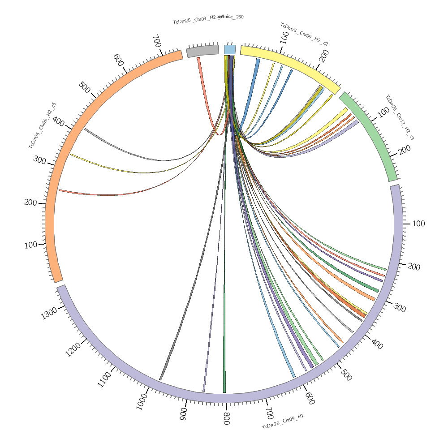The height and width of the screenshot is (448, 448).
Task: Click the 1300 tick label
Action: click(x=49, y=314)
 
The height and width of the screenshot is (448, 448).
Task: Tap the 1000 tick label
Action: click(x=142, y=401)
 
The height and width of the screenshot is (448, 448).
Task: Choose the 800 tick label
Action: click(x=226, y=418)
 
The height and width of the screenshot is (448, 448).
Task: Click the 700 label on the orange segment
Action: click(x=156, y=41)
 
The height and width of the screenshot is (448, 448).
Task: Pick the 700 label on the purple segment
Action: click(x=269, y=413)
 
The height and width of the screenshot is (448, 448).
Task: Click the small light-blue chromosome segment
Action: click(x=230, y=49)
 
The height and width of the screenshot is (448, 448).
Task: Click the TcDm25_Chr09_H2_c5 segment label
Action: click(x=42, y=125)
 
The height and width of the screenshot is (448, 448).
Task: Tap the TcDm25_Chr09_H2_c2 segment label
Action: click(x=304, y=34)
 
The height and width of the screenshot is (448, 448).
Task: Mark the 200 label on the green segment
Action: click(x=405, y=151)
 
